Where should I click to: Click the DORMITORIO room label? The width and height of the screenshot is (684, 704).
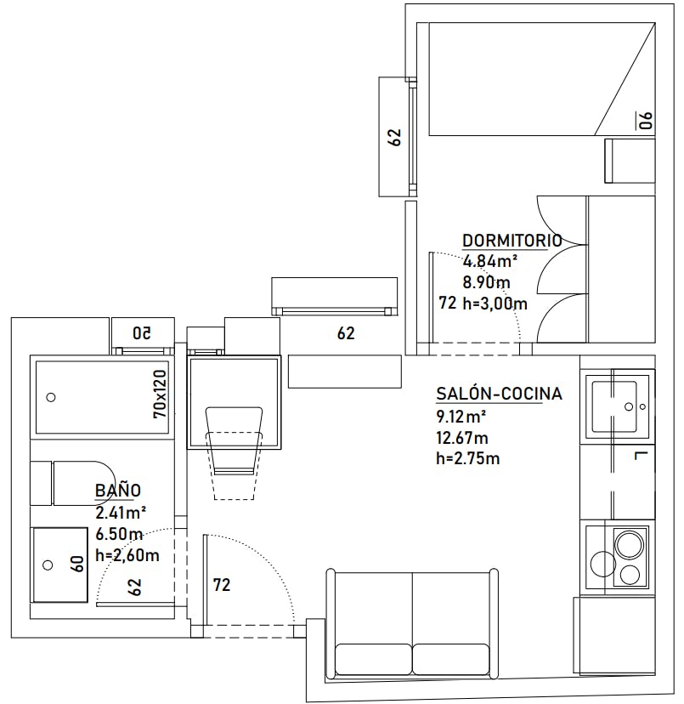[x=512, y=241]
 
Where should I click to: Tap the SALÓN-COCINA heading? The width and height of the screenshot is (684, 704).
[x=499, y=394]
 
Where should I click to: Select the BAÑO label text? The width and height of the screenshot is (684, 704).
[x=118, y=490]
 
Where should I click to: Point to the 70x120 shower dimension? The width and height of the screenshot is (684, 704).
[x=160, y=395]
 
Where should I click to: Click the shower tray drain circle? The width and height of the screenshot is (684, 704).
[x=51, y=397]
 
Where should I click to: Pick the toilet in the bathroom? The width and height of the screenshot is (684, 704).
[x=73, y=483]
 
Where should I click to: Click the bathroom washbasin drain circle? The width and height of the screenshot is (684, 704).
[x=48, y=565]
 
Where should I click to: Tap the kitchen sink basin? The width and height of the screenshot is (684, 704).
[x=614, y=406]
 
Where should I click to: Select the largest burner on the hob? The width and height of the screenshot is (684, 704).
[x=630, y=545]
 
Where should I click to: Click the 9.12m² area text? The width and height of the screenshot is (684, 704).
[x=461, y=417]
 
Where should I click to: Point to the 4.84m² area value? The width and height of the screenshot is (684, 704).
[x=489, y=261]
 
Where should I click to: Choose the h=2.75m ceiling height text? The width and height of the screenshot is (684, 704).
[x=467, y=458]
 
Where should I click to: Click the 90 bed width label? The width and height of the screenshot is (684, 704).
[x=646, y=120]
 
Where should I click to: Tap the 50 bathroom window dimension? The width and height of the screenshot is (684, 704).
[x=142, y=333]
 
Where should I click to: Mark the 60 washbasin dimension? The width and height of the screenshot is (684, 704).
[x=77, y=564]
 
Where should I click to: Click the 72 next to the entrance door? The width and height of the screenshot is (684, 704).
[x=222, y=585]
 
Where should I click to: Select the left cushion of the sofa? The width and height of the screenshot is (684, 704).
[x=373, y=659]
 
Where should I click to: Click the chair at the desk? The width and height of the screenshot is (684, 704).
[x=234, y=452]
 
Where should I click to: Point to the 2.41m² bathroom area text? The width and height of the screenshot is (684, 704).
[x=121, y=512]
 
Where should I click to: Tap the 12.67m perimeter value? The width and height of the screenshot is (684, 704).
[x=462, y=438]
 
